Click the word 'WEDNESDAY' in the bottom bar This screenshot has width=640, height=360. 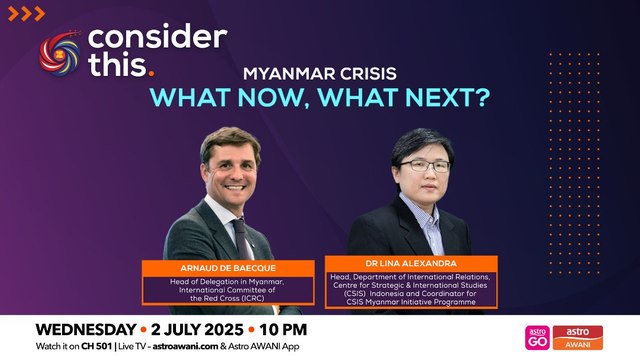pyautogui.click(x=84, y=328)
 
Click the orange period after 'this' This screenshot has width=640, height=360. pyautogui.click(x=151, y=72)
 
